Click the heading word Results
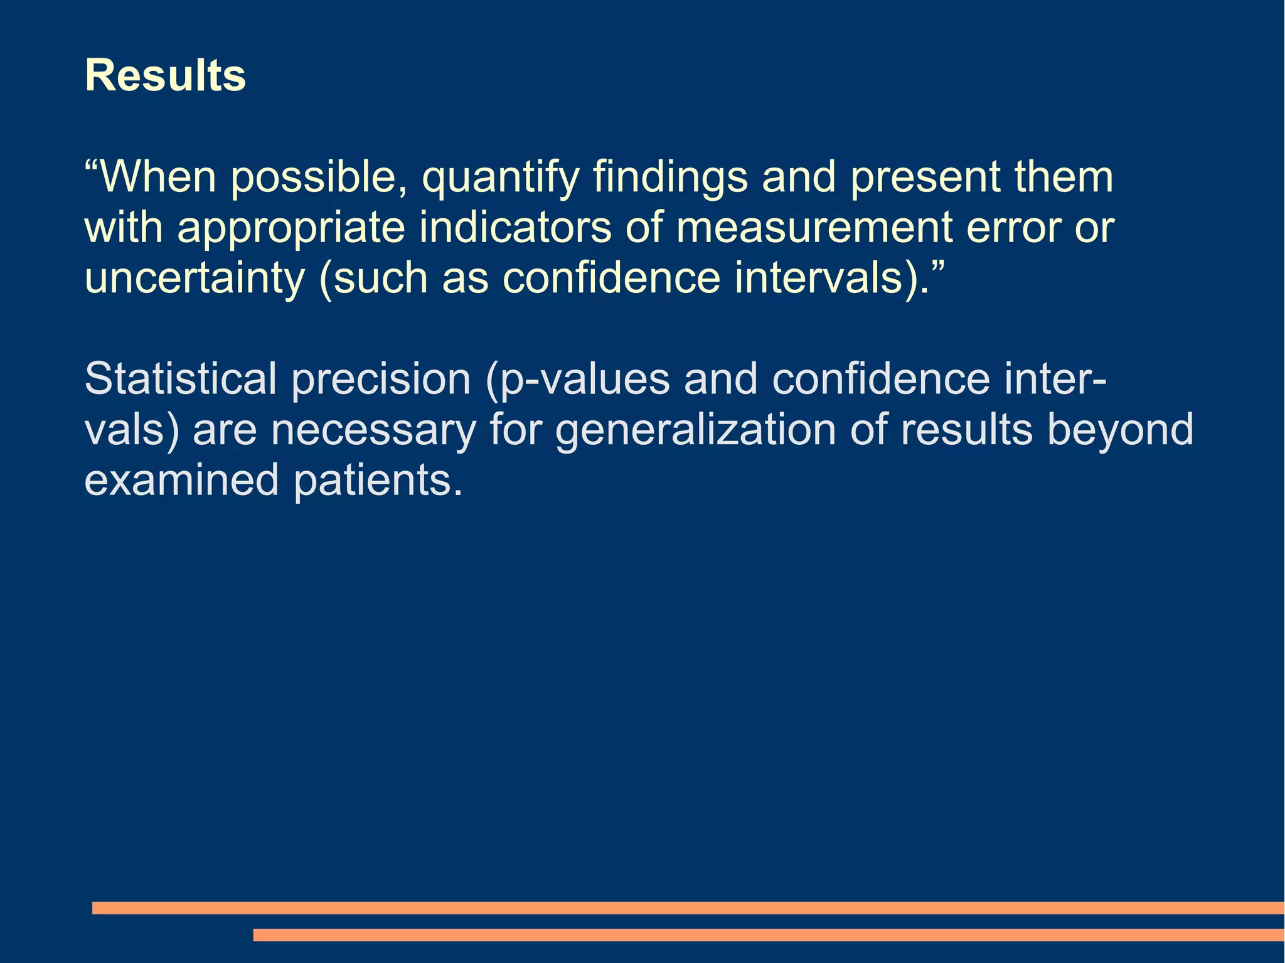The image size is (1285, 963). tap(165, 76)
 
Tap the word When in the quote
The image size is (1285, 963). tap(158, 177)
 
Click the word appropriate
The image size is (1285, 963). tap(291, 228)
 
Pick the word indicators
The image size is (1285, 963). tap(515, 227)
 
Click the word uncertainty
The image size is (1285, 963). tap(194, 279)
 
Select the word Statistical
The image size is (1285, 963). tap(181, 379)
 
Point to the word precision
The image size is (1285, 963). tap(381, 380)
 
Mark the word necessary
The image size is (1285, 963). tap(373, 432)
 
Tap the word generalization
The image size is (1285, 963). tap(696, 432)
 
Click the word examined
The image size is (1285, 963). tap(181, 481)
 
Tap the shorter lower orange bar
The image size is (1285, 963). tap(768, 935)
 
